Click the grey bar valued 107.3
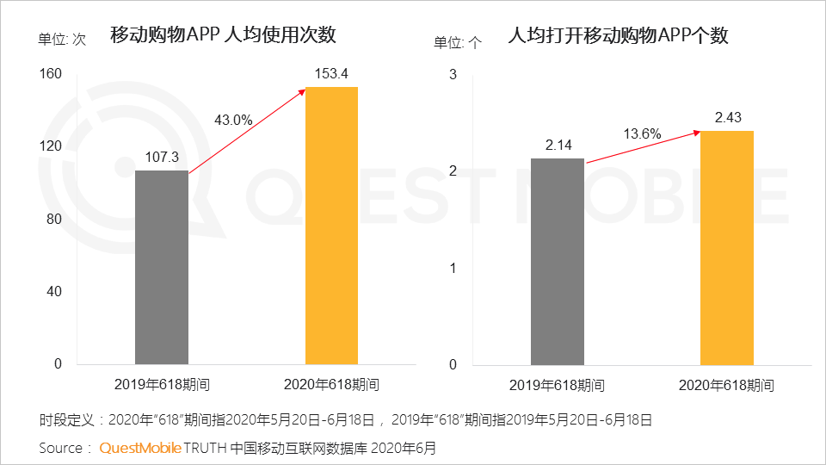[161, 267]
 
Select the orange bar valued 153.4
[331, 226]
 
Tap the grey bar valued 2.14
[557, 262]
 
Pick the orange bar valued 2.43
[727, 248]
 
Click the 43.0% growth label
[233, 121]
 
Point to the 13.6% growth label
[642, 133]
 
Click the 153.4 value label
[331, 74]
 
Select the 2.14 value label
[557, 145]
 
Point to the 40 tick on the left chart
[55, 291]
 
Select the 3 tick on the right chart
[453, 75]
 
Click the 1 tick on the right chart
[453, 268]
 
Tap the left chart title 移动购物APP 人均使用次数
[223, 35]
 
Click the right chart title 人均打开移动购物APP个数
[618, 35]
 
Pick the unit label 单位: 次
[62, 40]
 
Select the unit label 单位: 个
[457, 42]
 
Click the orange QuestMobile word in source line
[139, 448]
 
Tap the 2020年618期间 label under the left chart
[331, 385]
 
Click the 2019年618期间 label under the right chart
[557, 385]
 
